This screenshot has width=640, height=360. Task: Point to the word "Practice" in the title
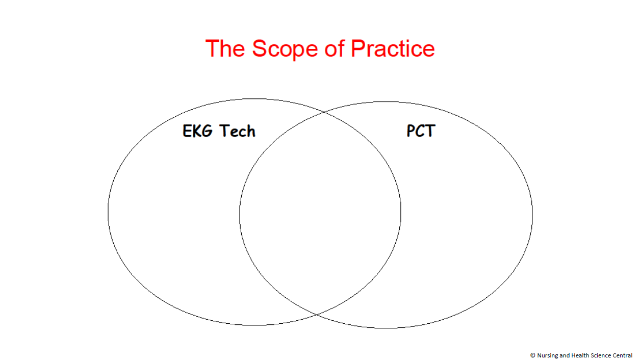[393, 48]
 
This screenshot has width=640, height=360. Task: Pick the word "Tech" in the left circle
[237, 132]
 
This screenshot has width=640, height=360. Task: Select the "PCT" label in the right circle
[421, 132]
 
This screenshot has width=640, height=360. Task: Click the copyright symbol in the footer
[532, 355]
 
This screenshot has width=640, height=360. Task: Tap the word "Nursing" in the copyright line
[547, 355]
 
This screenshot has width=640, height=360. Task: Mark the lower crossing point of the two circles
[317, 315]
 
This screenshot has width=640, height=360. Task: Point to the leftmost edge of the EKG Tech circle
[108, 212]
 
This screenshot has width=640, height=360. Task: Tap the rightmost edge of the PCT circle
[532, 215]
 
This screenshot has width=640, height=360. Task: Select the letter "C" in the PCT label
[421, 132]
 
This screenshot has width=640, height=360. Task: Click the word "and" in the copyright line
[564, 355]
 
